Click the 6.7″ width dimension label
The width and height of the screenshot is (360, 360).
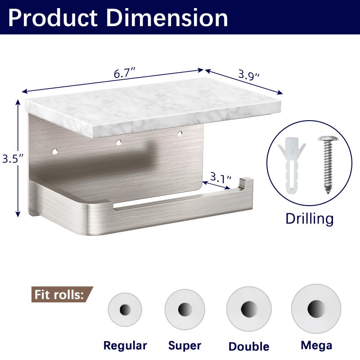click(125, 73)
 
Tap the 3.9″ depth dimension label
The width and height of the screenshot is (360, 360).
click(249, 75)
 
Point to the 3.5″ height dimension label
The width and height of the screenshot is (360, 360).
click(13, 158)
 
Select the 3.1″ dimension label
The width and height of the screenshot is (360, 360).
click(220, 177)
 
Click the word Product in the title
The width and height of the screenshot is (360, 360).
click(53, 18)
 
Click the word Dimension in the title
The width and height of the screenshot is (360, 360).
click(167, 18)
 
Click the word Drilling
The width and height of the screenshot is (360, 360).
click(309, 219)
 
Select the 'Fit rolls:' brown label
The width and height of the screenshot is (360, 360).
click(62, 294)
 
